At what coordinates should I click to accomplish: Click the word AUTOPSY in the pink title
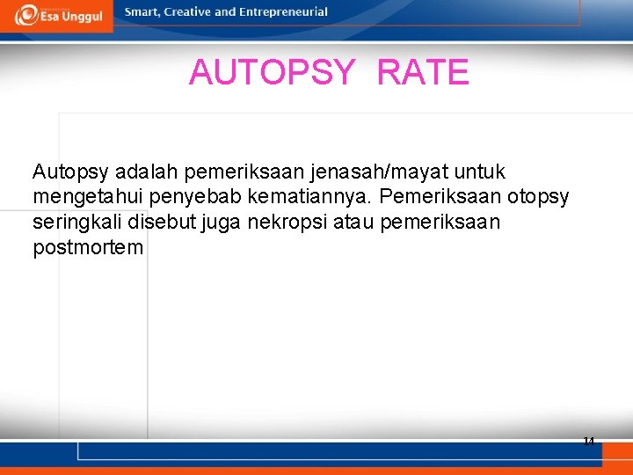point(272,72)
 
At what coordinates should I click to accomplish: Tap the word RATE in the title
point(423,72)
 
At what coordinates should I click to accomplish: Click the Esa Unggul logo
point(58,15)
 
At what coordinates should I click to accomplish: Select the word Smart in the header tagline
point(143,12)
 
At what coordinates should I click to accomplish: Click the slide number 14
point(588,441)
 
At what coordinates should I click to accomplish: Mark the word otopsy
point(538,197)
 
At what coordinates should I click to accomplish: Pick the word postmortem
point(88,248)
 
